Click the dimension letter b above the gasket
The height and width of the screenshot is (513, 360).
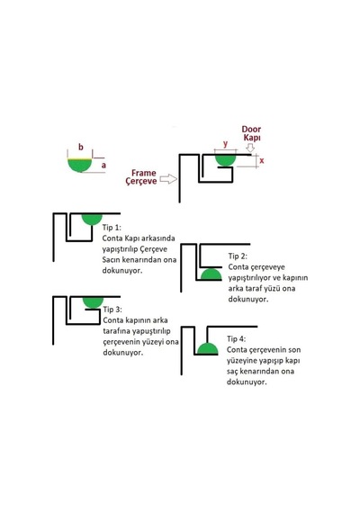(x=80, y=148)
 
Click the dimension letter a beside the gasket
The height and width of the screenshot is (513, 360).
(x=103, y=166)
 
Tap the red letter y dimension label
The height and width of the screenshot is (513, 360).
(x=225, y=144)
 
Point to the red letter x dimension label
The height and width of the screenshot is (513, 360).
(x=262, y=160)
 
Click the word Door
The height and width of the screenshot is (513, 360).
(x=251, y=130)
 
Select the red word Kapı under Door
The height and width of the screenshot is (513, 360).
(x=252, y=138)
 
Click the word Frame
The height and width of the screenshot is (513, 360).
(x=144, y=173)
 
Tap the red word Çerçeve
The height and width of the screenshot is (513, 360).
(x=141, y=181)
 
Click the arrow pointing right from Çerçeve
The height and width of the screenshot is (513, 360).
(x=168, y=179)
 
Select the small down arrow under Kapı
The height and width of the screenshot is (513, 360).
(x=250, y=148)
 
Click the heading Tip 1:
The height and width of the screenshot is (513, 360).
(x=112, y=228)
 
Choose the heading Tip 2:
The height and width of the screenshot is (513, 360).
(x=238, y=256)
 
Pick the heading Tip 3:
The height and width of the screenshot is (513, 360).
(x=112, y=310)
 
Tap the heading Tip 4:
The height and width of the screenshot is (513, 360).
(x=237, y=339)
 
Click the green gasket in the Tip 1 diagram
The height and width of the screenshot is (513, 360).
(x=92, y=219)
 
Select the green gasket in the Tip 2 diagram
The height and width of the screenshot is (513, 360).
(x=211, y=275)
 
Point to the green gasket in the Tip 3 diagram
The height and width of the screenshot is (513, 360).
(x=93, y=302)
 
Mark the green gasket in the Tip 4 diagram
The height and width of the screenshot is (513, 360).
(x=206, y=349)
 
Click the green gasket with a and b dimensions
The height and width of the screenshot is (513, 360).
(x=80, y=166)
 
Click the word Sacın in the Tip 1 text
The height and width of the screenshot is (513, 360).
(x=111, y=260)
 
